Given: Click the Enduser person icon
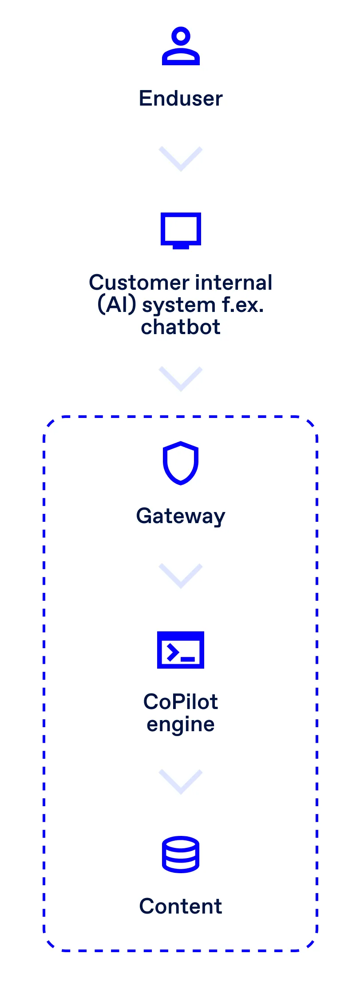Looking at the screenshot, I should tap(181, 47).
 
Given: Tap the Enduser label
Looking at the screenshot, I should tap(181, 98).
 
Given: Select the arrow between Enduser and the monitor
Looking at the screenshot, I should tap(181, 159).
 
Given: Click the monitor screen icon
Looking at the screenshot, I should tap(181, 230).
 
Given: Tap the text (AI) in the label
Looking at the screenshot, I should tap(116, 305).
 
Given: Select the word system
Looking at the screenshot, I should tap(179, 305).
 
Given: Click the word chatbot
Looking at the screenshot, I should tap(181, 327).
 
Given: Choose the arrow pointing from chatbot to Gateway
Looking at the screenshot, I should tap(181, 379).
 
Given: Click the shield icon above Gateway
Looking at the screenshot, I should tap(181, 463).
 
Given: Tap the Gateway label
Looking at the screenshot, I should tap(181, 516).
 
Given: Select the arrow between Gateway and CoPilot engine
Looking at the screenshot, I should tap(181, 576).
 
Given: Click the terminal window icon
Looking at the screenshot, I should tap(181, 650).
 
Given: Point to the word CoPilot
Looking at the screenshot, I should tap(181, 702).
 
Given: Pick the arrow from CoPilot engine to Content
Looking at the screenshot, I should tap(181, 782).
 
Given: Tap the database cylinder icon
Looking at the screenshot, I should tap(181, 854).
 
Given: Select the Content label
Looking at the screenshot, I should tap(181, 906).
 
